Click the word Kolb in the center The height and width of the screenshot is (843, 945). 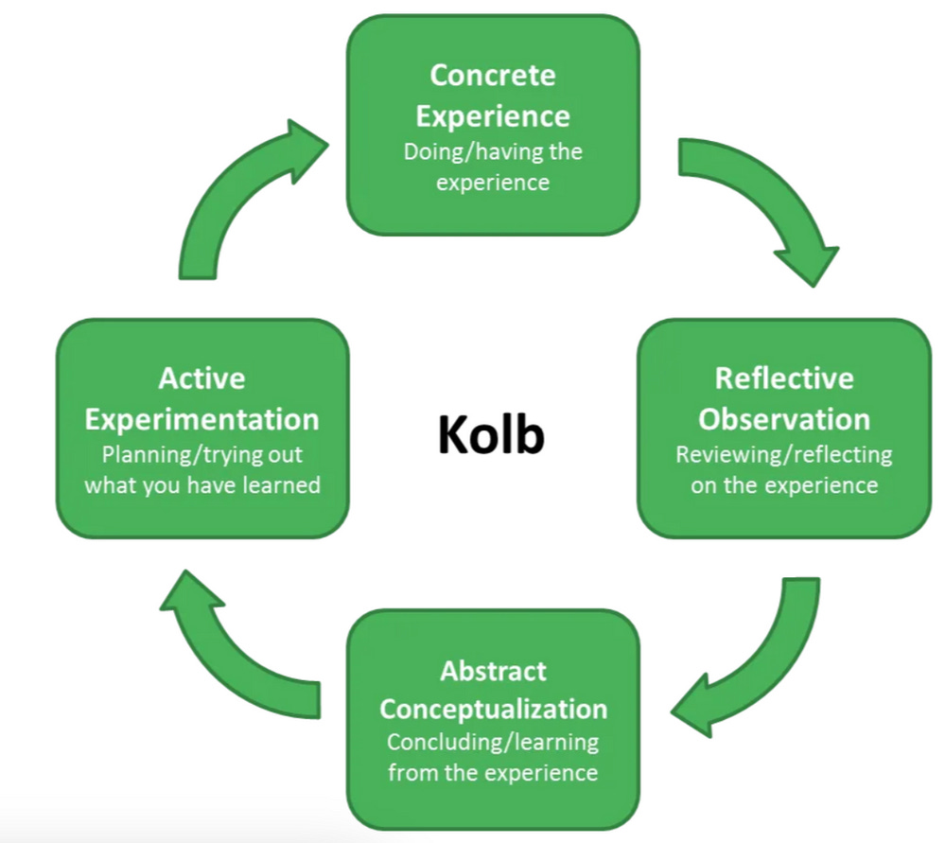tap(491, 434)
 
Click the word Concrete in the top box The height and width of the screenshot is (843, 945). tap(492, 75)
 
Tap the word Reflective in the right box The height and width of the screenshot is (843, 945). tap(784, 378)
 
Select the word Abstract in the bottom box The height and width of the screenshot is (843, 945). tap(493, 671)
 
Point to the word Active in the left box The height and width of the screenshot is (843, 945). tap(201, 378)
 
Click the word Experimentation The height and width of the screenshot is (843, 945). tap(201, 418)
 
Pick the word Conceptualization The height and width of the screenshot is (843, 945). tap(493, 709)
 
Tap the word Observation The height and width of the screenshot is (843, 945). tap(784, 418)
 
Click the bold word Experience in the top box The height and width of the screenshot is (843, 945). tap(492, 115)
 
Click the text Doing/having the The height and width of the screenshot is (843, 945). tap(492, 151)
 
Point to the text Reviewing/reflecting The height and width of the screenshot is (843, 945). tap(784, 454)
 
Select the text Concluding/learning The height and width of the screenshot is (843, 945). tap(493, 742)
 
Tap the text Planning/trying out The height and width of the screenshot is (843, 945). tap(201, 454)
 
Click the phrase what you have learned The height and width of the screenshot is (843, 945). tap(201, 485)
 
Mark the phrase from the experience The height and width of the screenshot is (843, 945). tap(493, 772)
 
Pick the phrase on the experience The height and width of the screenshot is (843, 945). tap(784, 485)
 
